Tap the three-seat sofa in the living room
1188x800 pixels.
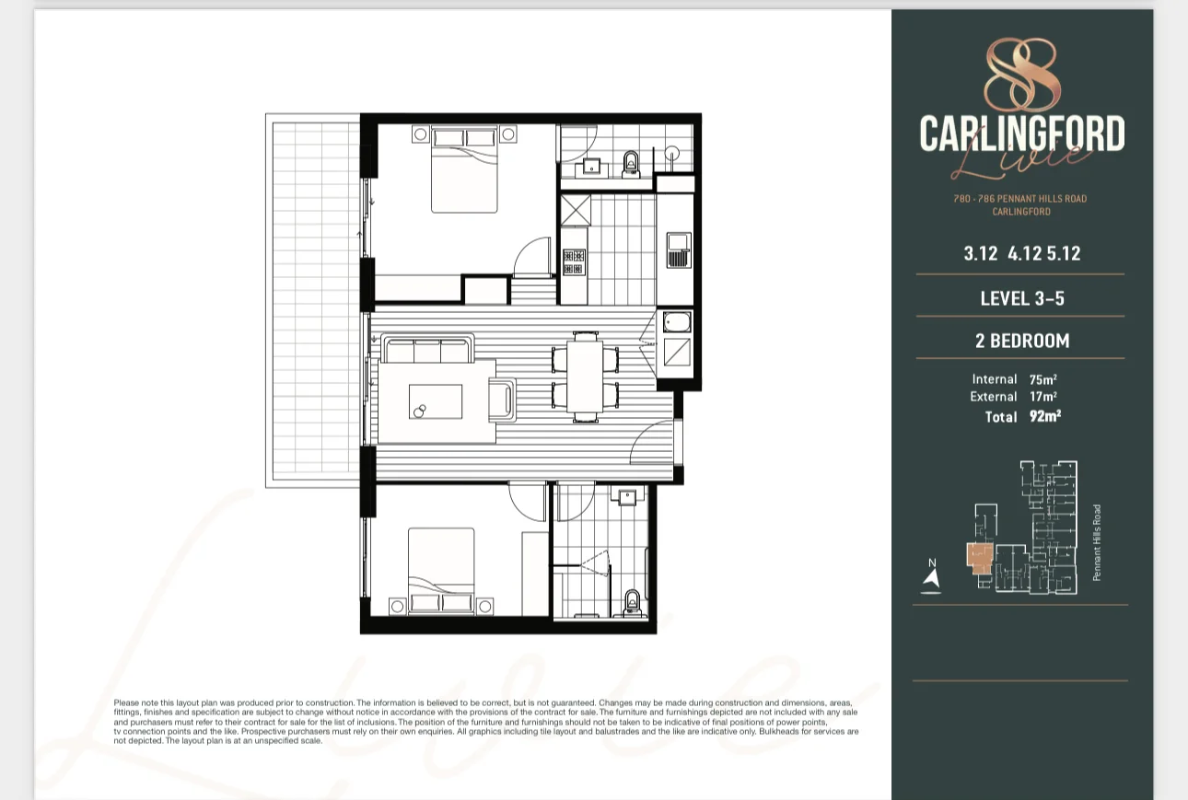pyautogui.click(x=427, y=351)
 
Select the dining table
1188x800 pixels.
pyautogui.click(x=584, y=376)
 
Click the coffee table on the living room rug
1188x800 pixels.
pyautogui.click(x=436, y=402)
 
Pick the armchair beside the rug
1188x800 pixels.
pyautogui.click(x=504, y=400)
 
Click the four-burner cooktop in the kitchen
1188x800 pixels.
pyautogui.click(x=574, y=262)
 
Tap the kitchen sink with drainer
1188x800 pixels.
pyautogui.click(x=679, y=249)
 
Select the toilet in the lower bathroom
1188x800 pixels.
pyautogui.click(x=632, y=600)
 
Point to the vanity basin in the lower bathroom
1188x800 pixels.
pyautogui.click(x=628, y=498)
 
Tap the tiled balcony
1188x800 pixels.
pyautogui.click(x=313, y=299)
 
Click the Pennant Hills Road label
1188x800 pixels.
pyautogui.click(x=1097, y=542)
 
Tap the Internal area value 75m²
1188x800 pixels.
pyautogui.click(x=1042, y=379)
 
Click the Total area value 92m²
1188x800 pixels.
pyautogui.click(x=1045, y=416)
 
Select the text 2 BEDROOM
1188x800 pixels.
pyautogui.click(x=1022, y=342)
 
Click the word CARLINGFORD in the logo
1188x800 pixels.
pyautogui.click(x=1021, y=135)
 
